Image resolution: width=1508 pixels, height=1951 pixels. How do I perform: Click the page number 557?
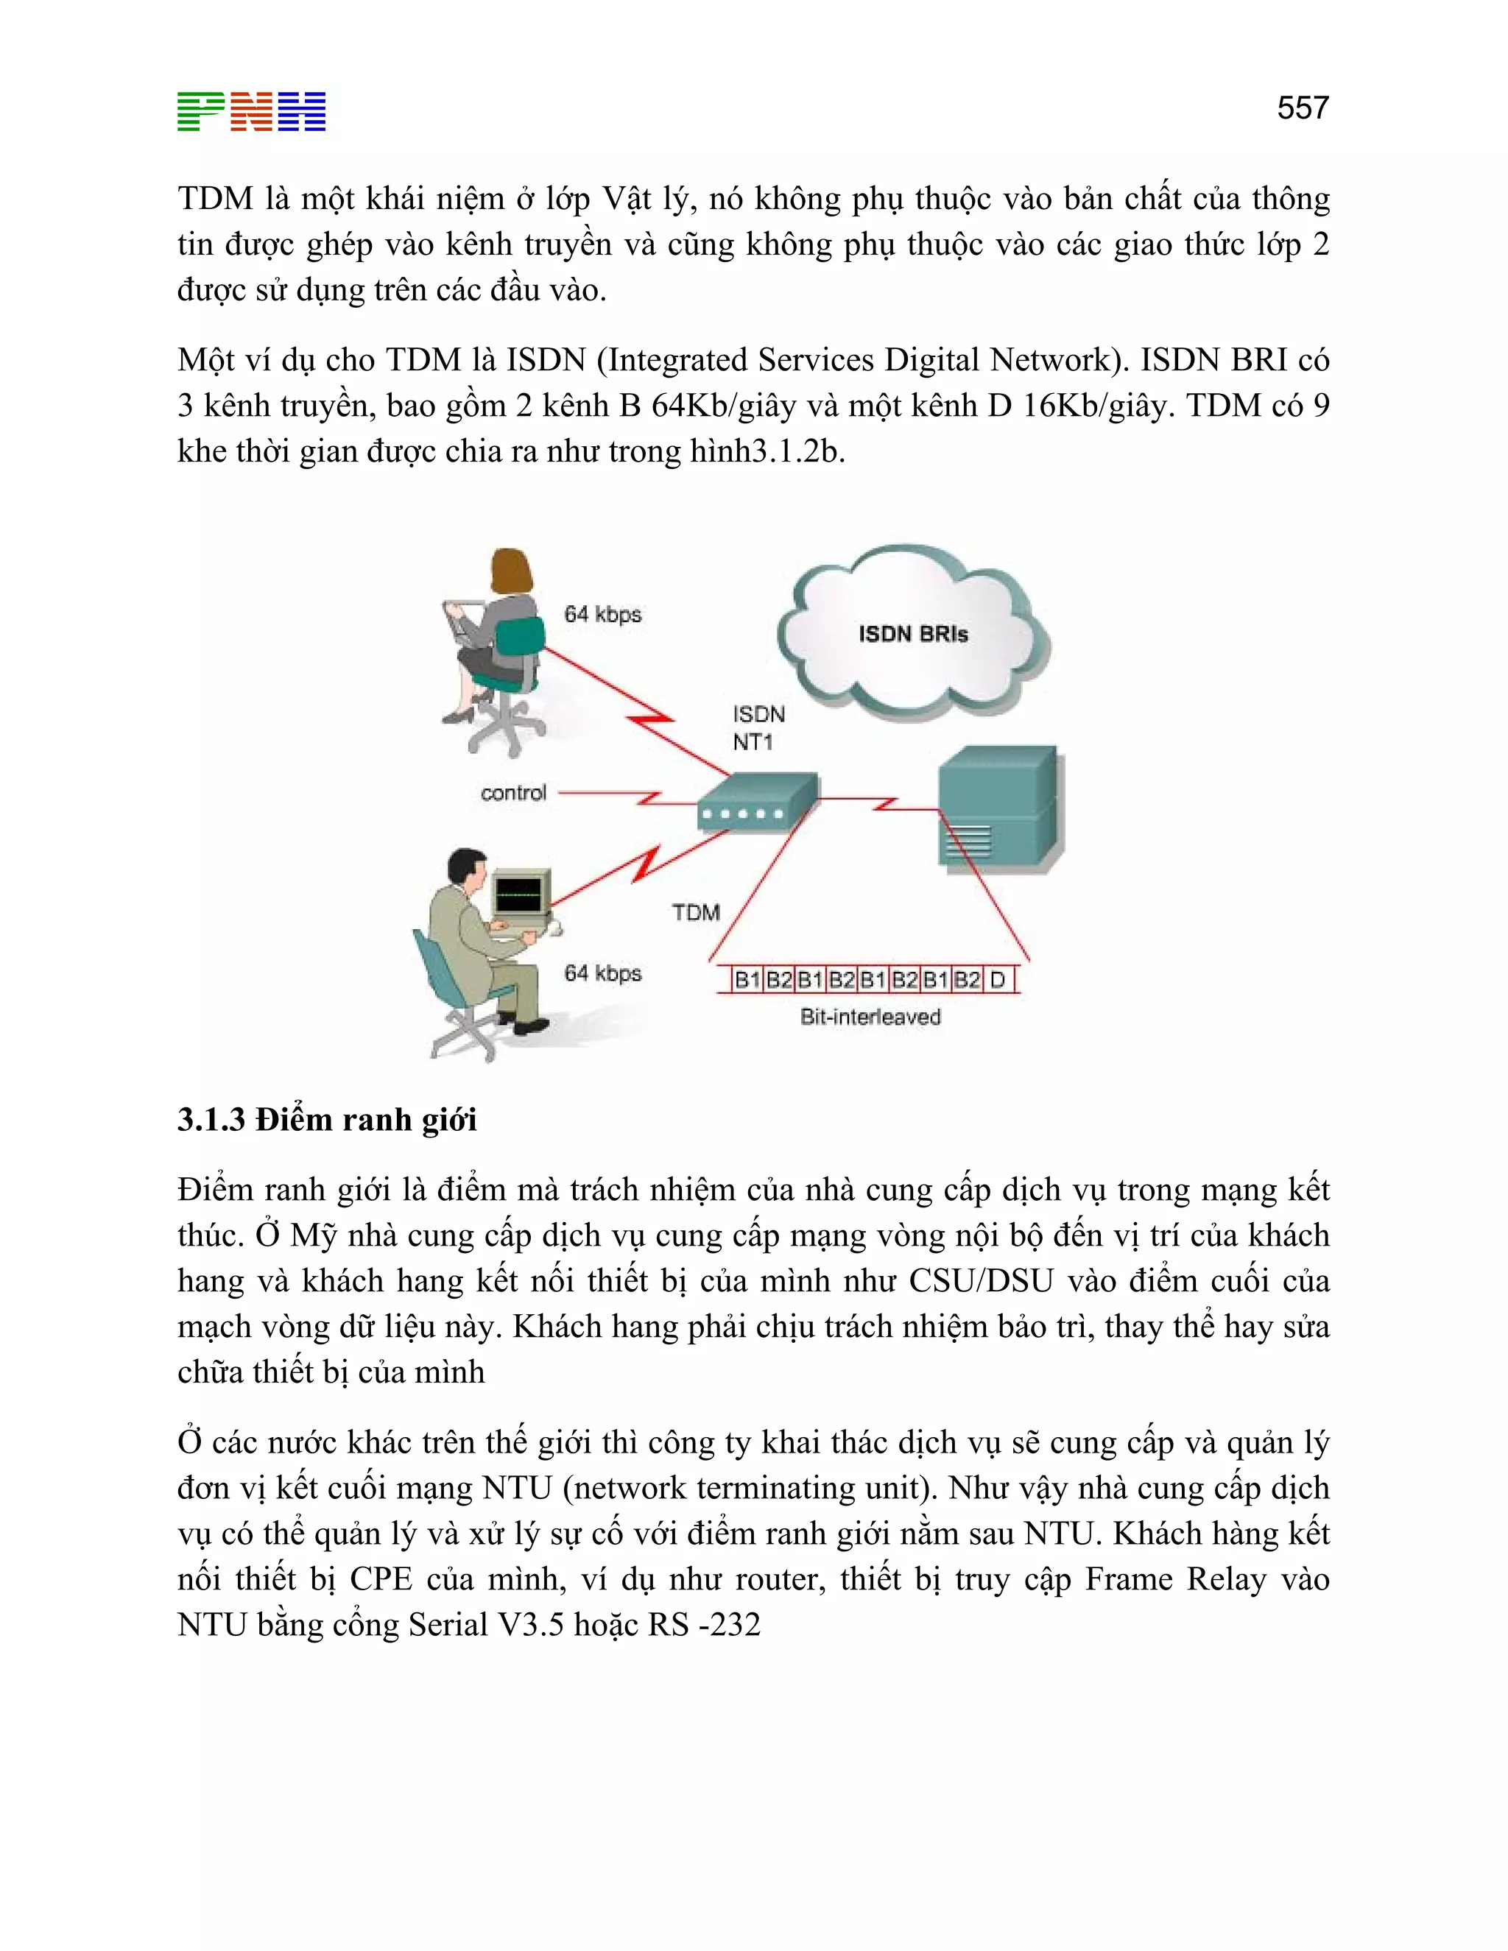1302,108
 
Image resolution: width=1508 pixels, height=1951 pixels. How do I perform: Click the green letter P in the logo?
201,112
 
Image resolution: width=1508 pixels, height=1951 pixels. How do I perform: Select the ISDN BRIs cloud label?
913,634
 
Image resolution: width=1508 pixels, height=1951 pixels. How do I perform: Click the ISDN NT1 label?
758,728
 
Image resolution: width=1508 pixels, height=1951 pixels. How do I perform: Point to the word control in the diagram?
512,793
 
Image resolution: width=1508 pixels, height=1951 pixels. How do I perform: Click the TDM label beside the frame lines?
696,912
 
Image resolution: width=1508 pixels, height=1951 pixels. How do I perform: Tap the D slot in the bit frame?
998,980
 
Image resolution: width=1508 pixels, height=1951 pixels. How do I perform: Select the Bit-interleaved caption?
870,1017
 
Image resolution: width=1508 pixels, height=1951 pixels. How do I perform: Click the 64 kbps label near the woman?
603,615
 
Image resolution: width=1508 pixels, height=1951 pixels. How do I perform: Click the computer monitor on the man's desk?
520,892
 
